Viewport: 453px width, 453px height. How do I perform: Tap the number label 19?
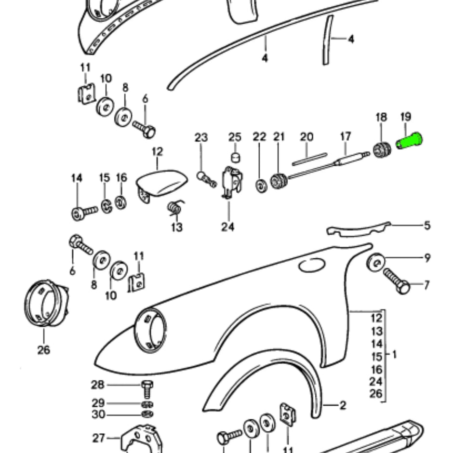pos(405,117)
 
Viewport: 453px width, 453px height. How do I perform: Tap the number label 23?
pos(201,137)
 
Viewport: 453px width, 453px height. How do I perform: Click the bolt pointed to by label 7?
pos(396,281)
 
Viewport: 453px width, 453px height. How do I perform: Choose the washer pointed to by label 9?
pos(377,262)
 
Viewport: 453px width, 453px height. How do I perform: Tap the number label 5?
pos(426,226)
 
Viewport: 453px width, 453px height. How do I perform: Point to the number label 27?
pos(98,438)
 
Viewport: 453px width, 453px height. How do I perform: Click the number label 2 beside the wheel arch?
pos(342,406)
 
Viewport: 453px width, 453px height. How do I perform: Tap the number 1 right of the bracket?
pos(394,355)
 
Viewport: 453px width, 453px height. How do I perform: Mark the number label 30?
pos(97,414)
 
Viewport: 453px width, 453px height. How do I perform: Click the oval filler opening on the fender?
pos(312,265)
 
